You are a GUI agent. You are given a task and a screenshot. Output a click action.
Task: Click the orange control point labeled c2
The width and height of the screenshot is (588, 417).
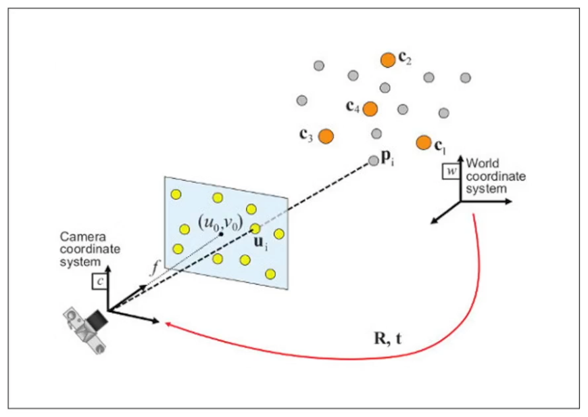point(387,60)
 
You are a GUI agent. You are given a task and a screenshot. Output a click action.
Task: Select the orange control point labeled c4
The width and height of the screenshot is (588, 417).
point(370,108)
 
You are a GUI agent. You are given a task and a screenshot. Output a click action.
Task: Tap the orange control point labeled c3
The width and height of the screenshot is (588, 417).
point(326,136)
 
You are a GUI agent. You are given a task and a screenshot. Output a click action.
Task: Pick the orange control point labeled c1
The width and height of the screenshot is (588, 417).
point(424,142)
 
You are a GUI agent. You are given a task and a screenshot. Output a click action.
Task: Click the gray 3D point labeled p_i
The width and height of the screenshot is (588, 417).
point(374,161)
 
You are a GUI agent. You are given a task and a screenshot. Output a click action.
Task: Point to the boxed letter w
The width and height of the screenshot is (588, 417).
point(451,171)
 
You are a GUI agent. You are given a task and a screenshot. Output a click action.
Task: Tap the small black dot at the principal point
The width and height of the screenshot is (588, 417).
point(221,234)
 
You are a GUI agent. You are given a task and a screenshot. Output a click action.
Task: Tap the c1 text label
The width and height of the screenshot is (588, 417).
point(440,146)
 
